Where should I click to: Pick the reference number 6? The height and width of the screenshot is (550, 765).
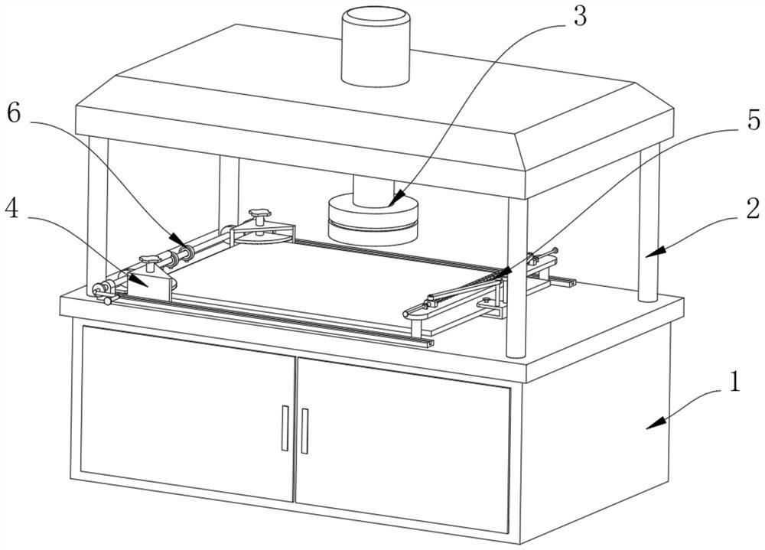pyautogui.click(x=12, y=112)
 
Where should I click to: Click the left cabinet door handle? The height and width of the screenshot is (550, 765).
pyautogui.click(x=285, y=428)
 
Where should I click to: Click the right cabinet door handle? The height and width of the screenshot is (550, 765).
pyautogui.click(x=304, y=431)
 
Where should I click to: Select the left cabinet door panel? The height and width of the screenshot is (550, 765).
pyautogui.click(x=187, y=413)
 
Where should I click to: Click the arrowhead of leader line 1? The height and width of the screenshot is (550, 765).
pyautogui.click(x=649, y=427)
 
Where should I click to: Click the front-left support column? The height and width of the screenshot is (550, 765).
pyautogui.click(x=97, y=214)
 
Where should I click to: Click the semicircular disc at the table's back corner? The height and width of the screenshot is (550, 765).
pyautogui.click(x=264, y=234)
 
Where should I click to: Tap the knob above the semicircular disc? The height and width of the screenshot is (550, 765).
pyautogui.click(x=261, y=213)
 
